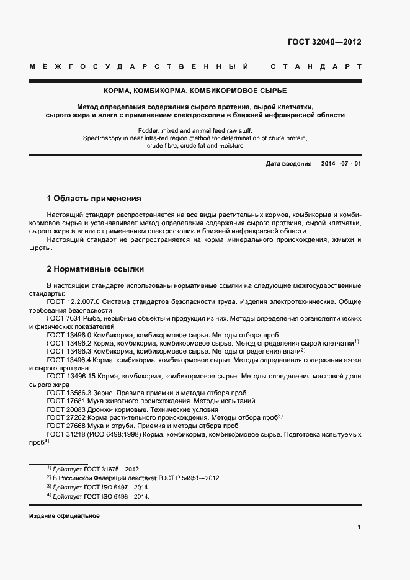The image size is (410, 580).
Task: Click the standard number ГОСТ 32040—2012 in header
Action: [324, 43]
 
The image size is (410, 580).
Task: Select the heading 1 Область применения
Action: [94, 199]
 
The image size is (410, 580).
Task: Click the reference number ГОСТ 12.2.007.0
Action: [69, 301]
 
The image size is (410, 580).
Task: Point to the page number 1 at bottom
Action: [359, 527]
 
